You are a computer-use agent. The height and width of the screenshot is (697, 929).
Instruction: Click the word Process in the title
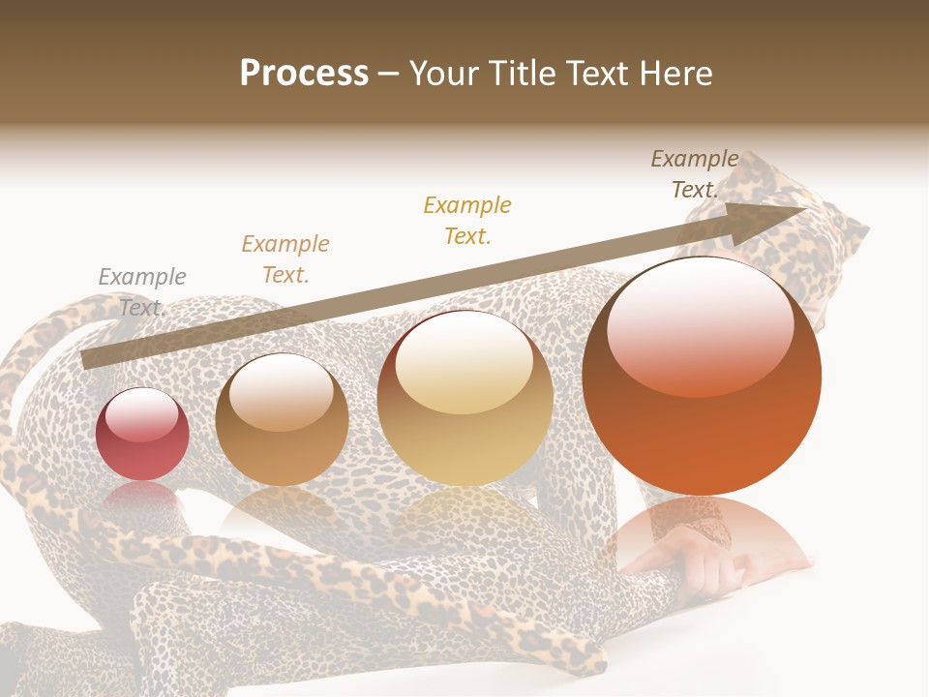pyautogui.click(x=304, y=74)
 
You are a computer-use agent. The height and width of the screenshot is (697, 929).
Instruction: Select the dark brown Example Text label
pyautogui.click(x=695, y=174)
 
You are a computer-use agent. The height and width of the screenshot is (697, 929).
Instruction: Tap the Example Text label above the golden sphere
pyautogui.click(x=467, y=220)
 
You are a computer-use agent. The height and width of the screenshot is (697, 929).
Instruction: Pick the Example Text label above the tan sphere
pyautogui.click(x=285, y=258)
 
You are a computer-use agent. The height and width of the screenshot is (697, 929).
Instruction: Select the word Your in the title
pyautogui.click(x=447, y=74)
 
